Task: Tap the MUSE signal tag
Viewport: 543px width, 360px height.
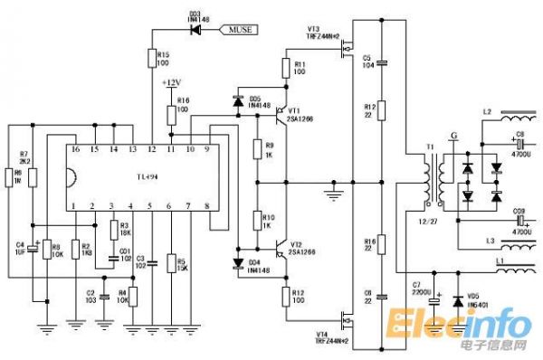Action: [240, 30]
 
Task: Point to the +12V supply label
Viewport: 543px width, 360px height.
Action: [172, 82]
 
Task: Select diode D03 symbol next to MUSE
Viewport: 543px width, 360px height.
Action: [194, 30]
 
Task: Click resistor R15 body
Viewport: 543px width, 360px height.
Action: [151, 58]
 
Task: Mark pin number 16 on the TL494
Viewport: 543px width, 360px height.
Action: [75, 148]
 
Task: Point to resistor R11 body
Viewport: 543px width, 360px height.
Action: [287, 66]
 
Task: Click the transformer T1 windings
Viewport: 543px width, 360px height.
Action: [432, 182]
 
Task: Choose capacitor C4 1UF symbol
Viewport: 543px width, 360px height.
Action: [32, 246]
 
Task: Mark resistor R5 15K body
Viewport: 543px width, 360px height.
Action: [171, 263]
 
